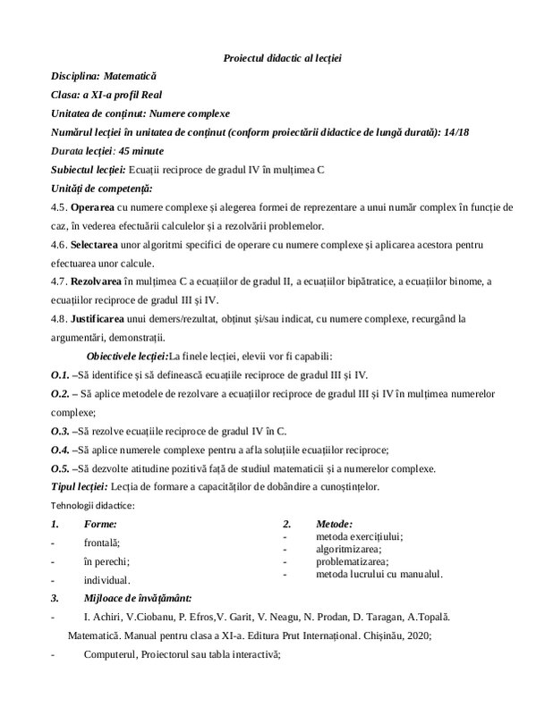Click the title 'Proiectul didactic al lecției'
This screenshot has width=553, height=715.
pos(283,58)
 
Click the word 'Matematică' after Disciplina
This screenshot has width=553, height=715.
pos(134,77)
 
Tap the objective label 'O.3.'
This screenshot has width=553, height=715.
pos(61,431)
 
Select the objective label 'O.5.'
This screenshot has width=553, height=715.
pos(61,468)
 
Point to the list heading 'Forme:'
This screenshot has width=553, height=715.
pos(99,524)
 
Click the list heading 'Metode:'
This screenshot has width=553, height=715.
pos(334,524)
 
